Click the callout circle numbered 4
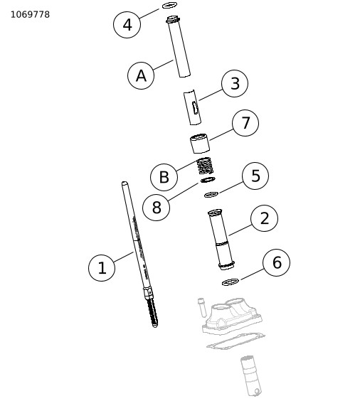127,25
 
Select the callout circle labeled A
141,75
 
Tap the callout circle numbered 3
235,83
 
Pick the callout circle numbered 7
245,123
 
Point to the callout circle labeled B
164,177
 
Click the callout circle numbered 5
255,176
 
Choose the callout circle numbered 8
156,207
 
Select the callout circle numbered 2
264,218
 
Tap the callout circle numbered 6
277,262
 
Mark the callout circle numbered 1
102,268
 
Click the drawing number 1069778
30,15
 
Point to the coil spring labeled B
205,166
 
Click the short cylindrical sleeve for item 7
200,143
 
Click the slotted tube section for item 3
192,107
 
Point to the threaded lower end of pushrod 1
152,314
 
